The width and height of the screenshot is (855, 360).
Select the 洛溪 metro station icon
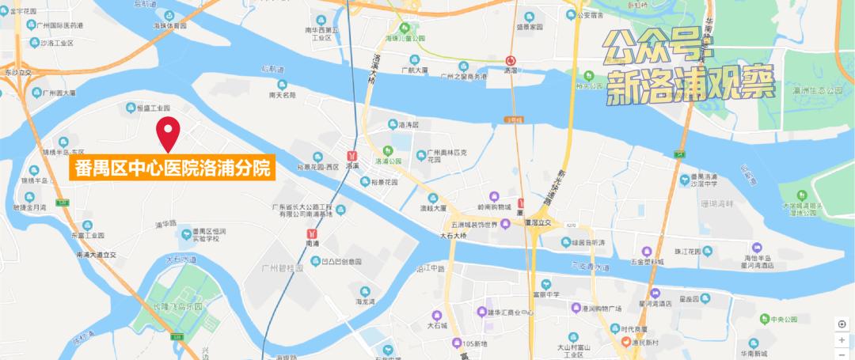[355, 155]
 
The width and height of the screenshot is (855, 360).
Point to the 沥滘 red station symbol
[511, 59]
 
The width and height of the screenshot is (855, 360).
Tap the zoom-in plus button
[842, 339]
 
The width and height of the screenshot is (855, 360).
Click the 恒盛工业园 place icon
[128, 107]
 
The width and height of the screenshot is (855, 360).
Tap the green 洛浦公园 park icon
[388, 150]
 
